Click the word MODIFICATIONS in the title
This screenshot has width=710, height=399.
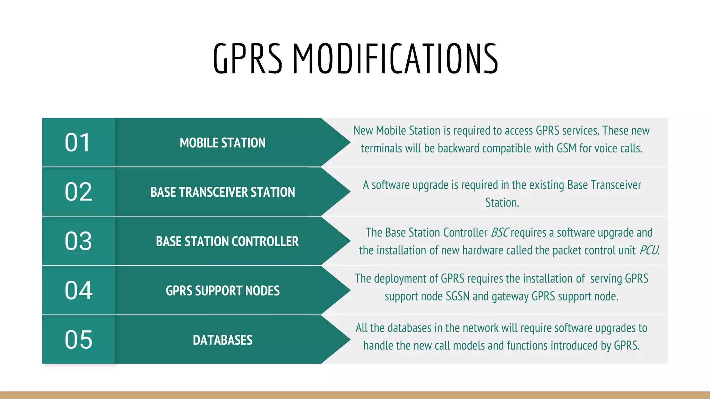396,59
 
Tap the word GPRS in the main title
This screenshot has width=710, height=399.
248,59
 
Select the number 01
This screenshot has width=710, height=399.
78,142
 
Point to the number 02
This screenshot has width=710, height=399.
78,192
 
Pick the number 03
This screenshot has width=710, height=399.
78,241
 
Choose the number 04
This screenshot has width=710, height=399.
78,291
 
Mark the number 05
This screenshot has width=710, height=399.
78,340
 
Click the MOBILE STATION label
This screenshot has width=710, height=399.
223,143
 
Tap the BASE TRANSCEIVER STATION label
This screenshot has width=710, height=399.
223,192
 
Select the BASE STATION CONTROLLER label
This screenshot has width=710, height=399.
227,241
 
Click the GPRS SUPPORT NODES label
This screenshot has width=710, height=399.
223,291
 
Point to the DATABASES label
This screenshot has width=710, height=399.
223,340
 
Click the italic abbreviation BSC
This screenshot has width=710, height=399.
500,233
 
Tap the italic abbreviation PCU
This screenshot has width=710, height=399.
649,250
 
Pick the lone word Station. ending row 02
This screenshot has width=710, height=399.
502,203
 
